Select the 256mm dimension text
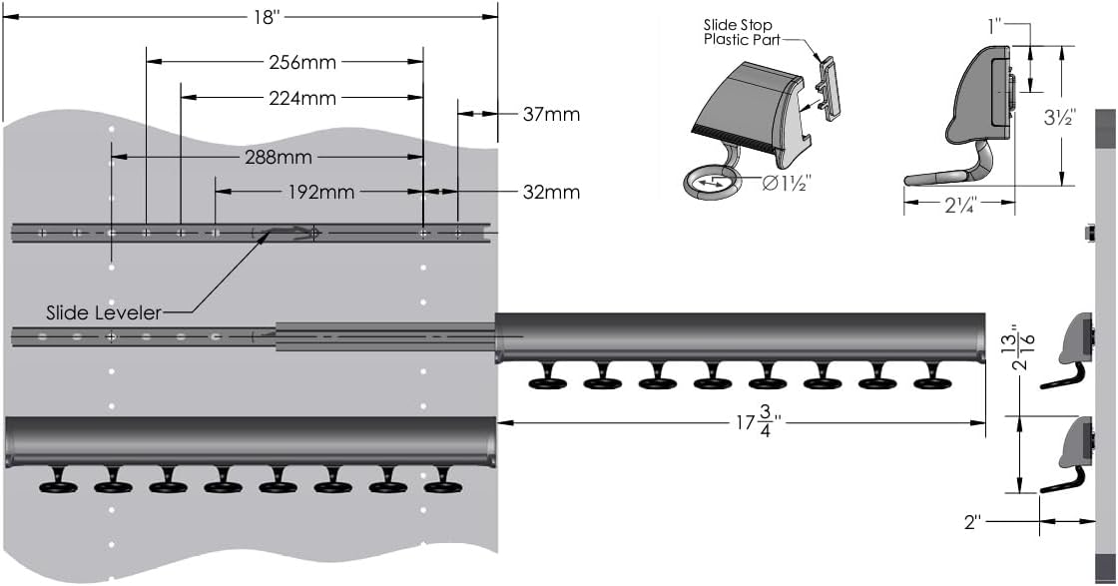[302, 63]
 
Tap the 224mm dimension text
[302, 98]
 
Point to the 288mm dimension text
[279, 158]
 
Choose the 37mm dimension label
[551, 114]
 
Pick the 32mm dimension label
[551, 192]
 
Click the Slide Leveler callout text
[104, 312]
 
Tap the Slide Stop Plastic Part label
[739, 33]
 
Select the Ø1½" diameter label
[786, 184]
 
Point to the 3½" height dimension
[1059, 117]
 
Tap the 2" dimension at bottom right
[972, 521]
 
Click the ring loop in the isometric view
[711, 182]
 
